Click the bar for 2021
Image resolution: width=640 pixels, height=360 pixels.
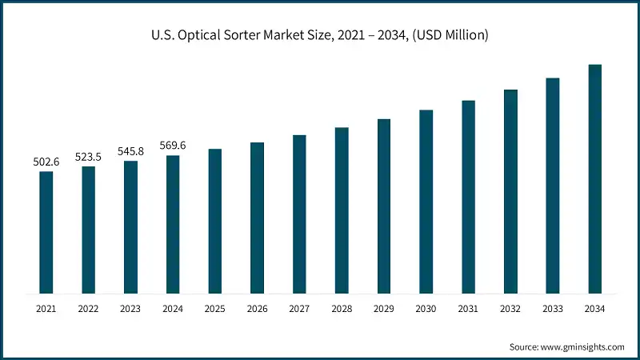tap(46, 232)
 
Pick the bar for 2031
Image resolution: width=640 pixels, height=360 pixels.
tap(469, 197)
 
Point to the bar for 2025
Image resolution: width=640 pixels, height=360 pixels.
tap(215, 221)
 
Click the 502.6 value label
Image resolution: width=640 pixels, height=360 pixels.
tap(46, 162)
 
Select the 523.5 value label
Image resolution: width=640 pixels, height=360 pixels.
tap(89, 158)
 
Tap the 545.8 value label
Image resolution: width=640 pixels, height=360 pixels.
tap(131, 152)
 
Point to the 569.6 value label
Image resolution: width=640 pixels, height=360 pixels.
tap(173, 146)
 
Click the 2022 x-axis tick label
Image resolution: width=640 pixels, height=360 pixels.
tap(89, 309)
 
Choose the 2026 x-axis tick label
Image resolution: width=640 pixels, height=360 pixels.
tap(258, 309)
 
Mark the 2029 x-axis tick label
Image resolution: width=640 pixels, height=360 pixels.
tap(384, 309)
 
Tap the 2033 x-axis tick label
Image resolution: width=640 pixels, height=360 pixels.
tap(553, 309)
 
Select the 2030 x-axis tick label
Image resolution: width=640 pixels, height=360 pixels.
tap(426, 309)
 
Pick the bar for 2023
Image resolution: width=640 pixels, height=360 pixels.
tap(131, 227)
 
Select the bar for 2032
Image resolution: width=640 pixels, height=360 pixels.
tap(510, 191)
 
